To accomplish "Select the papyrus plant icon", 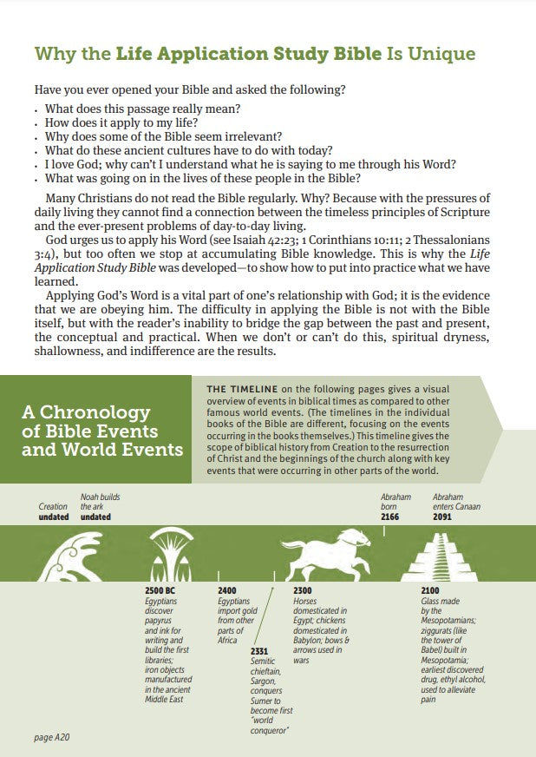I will [172, 556].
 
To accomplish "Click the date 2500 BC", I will [161, 590].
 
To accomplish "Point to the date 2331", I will [258, 650].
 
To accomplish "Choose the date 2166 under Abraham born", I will [392, 517].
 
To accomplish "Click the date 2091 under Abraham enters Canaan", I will [442, 517].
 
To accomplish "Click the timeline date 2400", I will [226, 590].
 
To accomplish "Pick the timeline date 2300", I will [303, 590].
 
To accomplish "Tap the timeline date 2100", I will [430, 590].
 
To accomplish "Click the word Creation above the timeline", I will [53, 506].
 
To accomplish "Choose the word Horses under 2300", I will [304, 601].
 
